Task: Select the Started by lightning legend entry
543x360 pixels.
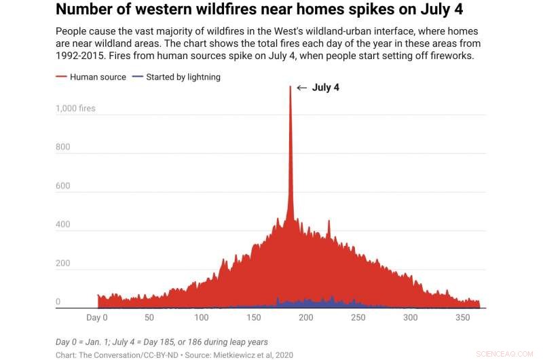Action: click(x=177, y=77)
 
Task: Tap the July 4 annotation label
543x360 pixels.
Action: click(x=326, y=88)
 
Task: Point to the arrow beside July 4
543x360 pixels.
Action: click(x=302, y=88)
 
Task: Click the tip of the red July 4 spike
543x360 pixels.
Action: click(x=291, y=86)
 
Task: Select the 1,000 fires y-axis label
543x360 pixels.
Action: click(x=75, y=108)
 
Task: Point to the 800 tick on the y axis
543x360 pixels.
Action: click(x=63, y=147)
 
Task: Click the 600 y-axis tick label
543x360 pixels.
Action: click(x=63, y=185)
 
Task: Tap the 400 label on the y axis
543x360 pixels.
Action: click(x=63, y=224)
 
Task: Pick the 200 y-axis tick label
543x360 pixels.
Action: click(x=63, y=263)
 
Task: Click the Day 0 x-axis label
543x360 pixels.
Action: click(x=97, y=318)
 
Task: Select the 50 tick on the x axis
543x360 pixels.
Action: click(x=149, y=318)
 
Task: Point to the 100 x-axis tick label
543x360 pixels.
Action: click(x=201, y=318)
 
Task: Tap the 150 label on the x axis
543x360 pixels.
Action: click(x=253, y=318)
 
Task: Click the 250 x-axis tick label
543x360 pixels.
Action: click(x=358, y=318)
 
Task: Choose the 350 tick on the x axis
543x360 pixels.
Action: click(x=462, y=318)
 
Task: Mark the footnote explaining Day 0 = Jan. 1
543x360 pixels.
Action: click(x=162, y=342)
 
